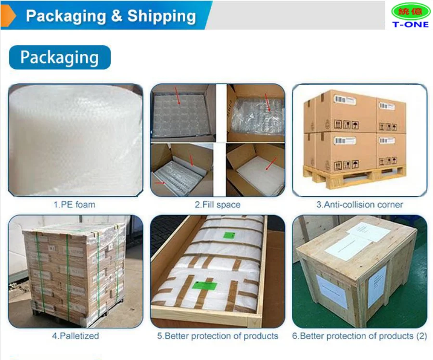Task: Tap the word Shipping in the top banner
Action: pyautogui.click(x=161, y=16)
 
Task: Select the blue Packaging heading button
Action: pyautogui.click(x=60, y=57)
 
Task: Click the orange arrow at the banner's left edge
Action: pyautogui.click(x=8, y=16)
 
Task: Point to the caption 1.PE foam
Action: pyautogui.click(x=74, y=205)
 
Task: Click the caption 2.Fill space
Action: pyautogui.click(x=217, y=205)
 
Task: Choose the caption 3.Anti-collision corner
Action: pyautogui.click(x=359, y=205)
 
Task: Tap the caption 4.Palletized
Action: pyautogui.click(x=75, y=336)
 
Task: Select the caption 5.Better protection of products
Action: pyautogui.click(x=217, y=336)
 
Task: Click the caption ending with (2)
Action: pyautogui.click(x=359, y=336)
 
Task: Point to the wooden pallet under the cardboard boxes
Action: pyautogui.click(x=354, y=176)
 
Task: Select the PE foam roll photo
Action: pyautogui.click(x=75, y=140)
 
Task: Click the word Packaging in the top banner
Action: pyautogui.click(x=65, y=16)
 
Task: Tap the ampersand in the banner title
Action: pyautogui.click(x=116, y=16)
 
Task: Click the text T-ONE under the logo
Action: pyautogui.click(x=410, y=24)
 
